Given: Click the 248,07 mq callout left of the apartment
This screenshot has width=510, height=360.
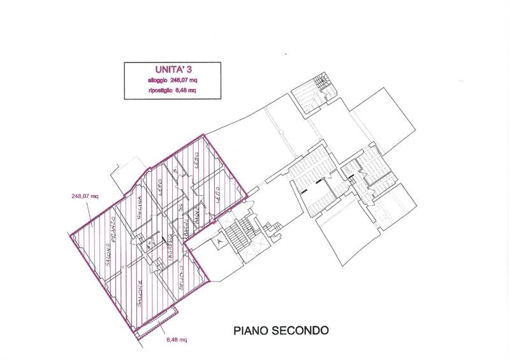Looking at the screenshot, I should point(85,197).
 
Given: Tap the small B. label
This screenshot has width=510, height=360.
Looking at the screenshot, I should point(174,171).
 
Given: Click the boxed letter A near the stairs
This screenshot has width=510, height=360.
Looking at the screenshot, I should point(219,242).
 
